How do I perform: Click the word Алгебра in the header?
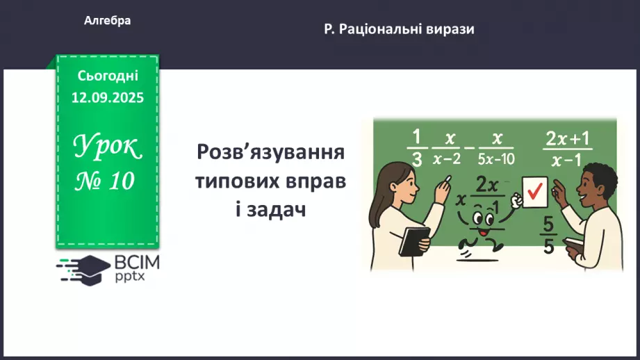pos(107,22)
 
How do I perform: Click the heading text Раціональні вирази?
pos(407,29)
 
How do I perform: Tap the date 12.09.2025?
pos(107,98)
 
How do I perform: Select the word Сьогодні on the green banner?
pos(108,76)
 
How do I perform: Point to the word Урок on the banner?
pos(107,147)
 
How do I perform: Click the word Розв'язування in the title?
pos(270,152)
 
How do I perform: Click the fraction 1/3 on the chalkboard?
pos(416,147)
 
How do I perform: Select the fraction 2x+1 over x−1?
pos(567,149)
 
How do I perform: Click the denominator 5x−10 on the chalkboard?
pos(495,159)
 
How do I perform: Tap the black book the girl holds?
pos(414,240)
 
